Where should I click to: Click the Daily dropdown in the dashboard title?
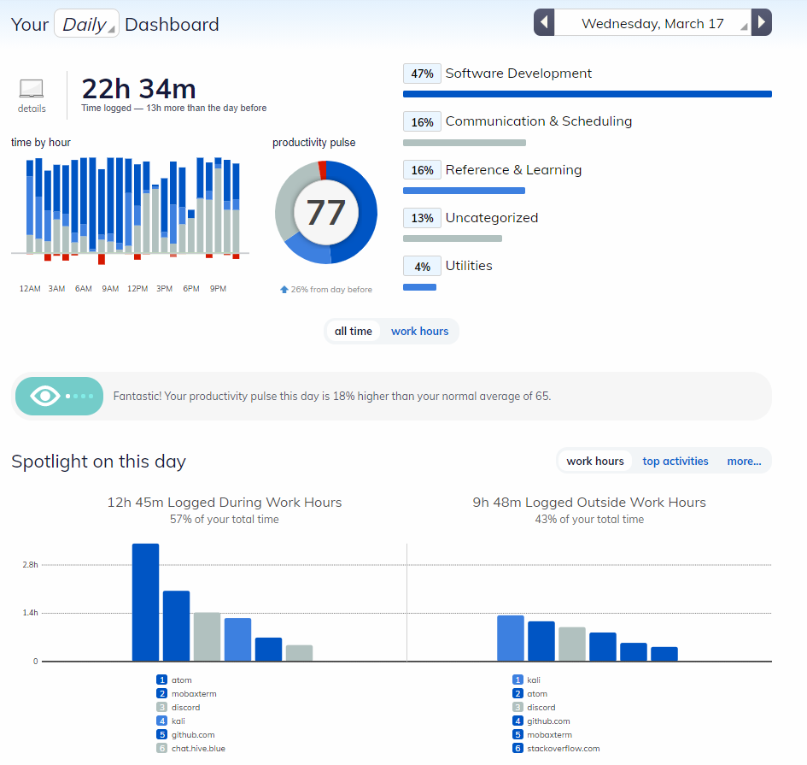(x=86, y=24)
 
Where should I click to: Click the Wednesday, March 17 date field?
(x=652, y=23)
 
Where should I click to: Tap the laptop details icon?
(x=32, y=88)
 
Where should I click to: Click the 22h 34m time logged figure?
(x=138, y=88)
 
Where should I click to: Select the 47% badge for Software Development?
(x=422, y=74)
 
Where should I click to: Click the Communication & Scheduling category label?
(x=538, y=121)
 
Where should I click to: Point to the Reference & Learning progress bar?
(x=464, y=191)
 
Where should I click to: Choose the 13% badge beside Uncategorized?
(x=422, y=218)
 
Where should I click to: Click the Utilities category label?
(x=469, y=266)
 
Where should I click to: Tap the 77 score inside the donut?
(x=325, y=213)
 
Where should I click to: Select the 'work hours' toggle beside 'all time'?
(x=419, y=332)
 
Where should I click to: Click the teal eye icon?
(x=45, y=397)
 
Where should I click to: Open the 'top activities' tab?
(x=675, y=462)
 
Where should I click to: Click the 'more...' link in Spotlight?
(x=744, y=462)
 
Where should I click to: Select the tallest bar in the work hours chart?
(x=145, y=602)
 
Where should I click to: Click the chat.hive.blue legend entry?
(x=198, y=749)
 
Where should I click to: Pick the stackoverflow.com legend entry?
(x=563, y=749)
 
